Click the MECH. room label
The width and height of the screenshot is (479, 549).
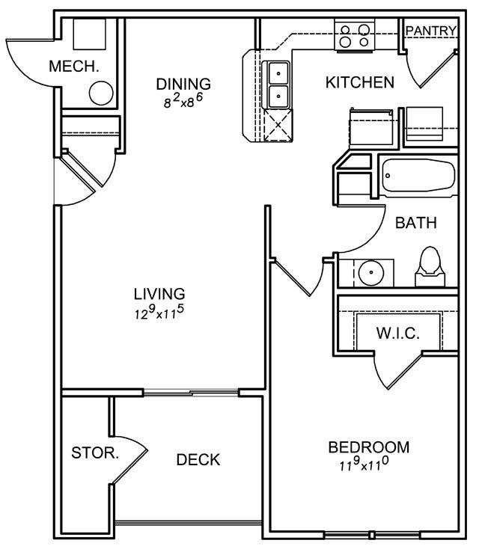coord(74,67)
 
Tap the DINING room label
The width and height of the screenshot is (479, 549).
coord(183,84)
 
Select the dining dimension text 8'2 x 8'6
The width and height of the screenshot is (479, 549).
coord(183,100)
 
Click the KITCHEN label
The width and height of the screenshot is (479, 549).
coord(360,82)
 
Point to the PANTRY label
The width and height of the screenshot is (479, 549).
coord(431,31)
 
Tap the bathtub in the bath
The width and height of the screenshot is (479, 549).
coord(418,176)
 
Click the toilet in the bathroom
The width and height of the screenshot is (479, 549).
coord(430,267)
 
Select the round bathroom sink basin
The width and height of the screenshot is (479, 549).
coord(371,273)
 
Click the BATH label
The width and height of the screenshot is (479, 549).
coord(416,223)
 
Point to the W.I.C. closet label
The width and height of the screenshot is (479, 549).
coord(398,333)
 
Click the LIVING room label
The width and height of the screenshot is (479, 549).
coord(159,294)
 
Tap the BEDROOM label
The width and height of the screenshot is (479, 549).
coord(369,447)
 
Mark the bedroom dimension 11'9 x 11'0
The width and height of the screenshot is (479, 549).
coord(364,464)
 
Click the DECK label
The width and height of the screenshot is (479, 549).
coord(198,460)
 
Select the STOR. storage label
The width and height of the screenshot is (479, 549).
coord(95,453)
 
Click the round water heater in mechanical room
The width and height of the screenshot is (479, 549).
coord(101,93)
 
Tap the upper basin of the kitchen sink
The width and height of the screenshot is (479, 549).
coord(278,73)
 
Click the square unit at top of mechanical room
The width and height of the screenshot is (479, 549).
coord(89,34)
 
